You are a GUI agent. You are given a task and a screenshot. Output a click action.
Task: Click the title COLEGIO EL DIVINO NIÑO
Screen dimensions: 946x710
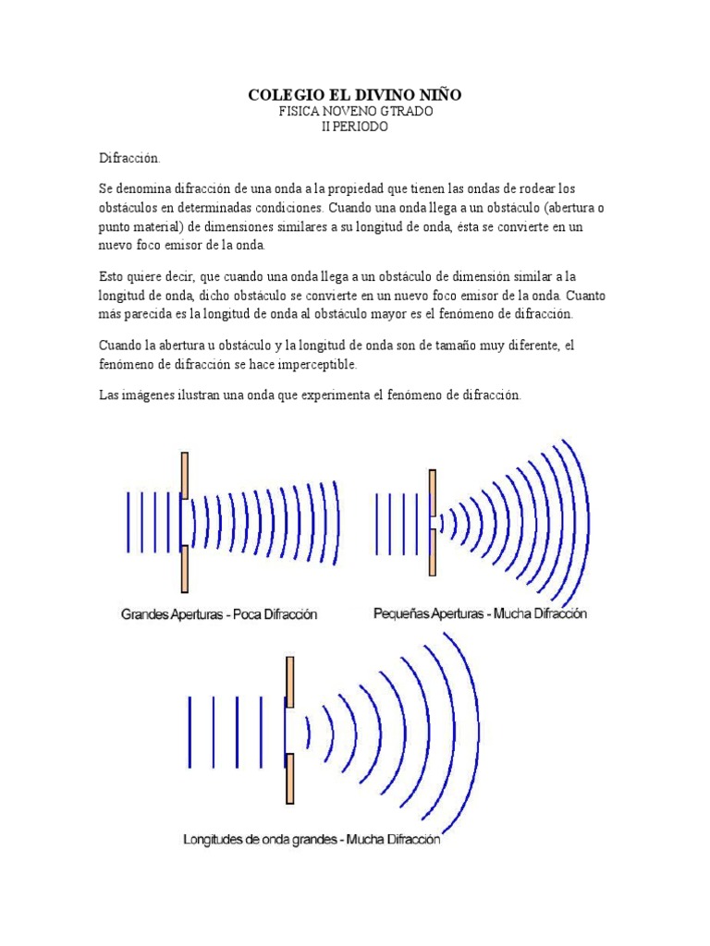[x=355, y=94]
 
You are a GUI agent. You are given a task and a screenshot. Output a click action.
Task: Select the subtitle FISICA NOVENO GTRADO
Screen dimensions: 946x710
[x=355, y=111]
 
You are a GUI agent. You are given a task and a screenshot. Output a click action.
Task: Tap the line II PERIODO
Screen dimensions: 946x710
[x=355, y=127]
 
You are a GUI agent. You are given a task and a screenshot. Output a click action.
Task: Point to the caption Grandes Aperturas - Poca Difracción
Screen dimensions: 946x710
[x=218, y=613]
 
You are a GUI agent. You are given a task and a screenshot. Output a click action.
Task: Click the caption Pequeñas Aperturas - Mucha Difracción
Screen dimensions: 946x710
[x=480, y=612]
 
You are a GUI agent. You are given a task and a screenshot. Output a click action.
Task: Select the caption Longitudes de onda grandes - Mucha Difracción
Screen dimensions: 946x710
[x=312, y=841]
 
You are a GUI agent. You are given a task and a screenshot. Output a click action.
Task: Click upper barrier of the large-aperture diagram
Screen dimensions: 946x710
[x=185, y=475]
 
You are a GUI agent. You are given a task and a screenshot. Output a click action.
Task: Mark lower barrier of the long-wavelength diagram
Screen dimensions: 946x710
[x=290, y=779]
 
